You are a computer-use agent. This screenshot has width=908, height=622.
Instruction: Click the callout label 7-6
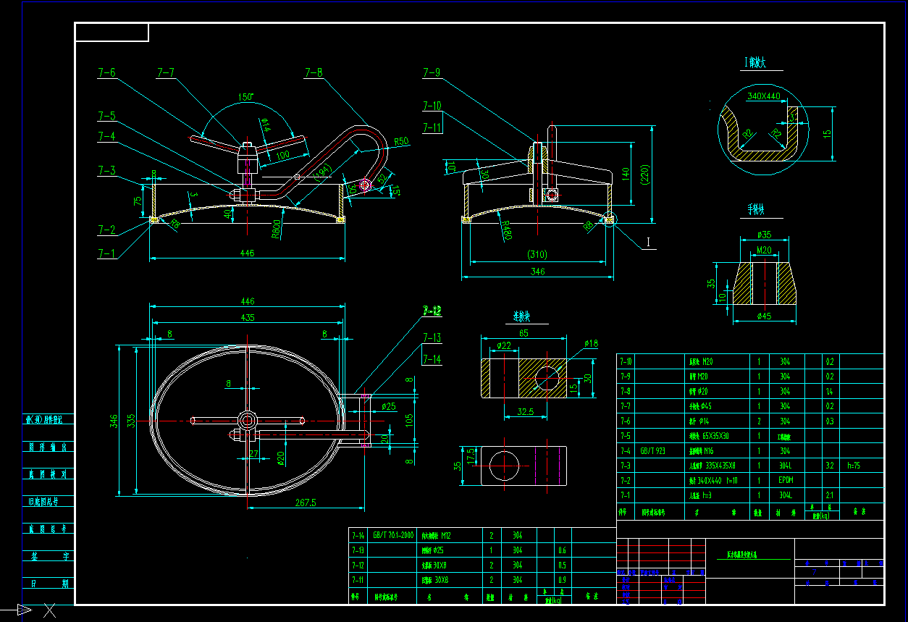(x=106, y=72)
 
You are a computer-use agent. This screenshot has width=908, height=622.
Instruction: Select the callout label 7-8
(x=313, y=72)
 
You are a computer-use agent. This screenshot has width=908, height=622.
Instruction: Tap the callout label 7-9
(x=432, y=72)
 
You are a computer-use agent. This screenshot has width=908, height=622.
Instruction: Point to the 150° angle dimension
(x=245, y=96)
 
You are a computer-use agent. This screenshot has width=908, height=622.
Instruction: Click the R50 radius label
(x=401, y=142)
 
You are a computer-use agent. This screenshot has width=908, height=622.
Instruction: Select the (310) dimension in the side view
(x=537, y=254)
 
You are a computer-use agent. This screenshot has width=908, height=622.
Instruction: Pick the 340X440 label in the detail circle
(x=763, y=96)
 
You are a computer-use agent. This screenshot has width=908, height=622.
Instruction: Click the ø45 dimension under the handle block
(x=764, y=316)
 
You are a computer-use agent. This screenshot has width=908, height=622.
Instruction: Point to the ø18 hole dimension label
(x=590, y=343)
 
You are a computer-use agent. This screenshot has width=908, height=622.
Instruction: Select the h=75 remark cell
(x=856, y=466)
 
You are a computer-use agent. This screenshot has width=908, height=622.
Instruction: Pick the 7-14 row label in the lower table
(x=358, y=536)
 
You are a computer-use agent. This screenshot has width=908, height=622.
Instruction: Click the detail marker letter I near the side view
(x=647, y=243)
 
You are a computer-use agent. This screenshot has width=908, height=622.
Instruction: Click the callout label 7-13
(x=432, y=337)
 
